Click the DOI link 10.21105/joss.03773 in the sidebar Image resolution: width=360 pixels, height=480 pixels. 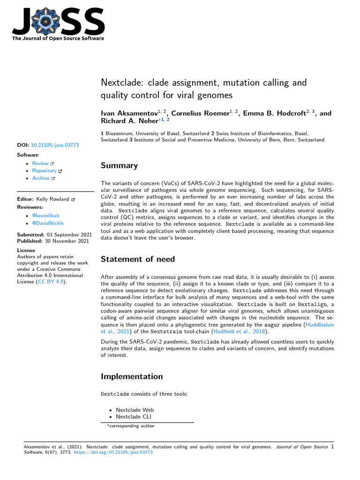(55, 145)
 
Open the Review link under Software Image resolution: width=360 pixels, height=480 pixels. (40, 163)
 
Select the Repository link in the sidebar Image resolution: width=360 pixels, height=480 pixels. (44, 171)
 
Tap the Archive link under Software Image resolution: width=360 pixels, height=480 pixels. (41, 178)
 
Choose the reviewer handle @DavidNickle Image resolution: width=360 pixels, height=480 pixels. (48, 223)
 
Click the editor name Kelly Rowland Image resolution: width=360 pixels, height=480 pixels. (53, 199)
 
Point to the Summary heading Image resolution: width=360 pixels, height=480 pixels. (120, 165)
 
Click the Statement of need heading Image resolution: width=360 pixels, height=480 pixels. (138, 259)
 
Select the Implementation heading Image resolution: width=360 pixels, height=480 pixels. (132, 376)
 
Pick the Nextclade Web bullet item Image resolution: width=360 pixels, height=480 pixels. (135, 410)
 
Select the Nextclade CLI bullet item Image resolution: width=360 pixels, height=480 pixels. (134, 416)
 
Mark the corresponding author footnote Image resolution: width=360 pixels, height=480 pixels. (131, 426)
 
